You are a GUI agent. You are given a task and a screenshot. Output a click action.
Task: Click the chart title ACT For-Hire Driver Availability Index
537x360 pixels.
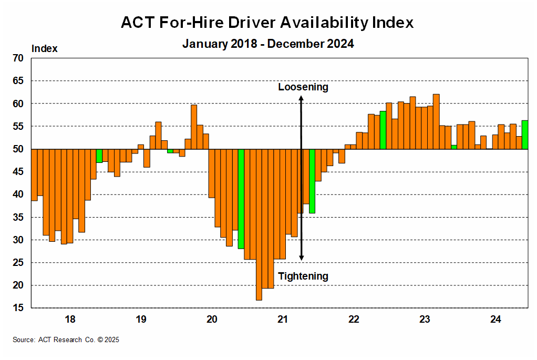click(x=267, y=23)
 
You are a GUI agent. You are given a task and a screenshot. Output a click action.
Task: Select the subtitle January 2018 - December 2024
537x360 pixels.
click(x=268, y=44)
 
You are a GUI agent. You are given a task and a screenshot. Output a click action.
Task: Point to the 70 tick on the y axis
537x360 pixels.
click(x=18, y=58)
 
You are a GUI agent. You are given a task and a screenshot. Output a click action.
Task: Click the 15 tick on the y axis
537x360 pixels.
click(x=18, y=308)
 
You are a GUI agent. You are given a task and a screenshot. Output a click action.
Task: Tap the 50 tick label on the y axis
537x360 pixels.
click(x=18, y=149)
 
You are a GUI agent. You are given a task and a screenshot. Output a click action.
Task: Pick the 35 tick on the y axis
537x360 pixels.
click(x=18, y=217)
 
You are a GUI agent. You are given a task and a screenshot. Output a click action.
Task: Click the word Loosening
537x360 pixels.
click(x=303, y=87)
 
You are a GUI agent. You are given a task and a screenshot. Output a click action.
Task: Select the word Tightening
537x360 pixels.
click(x=303, y=276)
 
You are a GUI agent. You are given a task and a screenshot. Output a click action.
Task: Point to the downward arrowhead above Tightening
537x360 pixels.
click(x=301, y=258)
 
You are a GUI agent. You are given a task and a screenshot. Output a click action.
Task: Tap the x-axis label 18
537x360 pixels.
click(x=70, y=319)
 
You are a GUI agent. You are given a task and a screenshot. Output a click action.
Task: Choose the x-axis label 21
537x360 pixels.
click(x=283, y=319)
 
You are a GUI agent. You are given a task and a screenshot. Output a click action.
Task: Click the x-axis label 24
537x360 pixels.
click(x=495, y=319)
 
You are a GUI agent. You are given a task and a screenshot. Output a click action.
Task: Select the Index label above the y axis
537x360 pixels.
click(x=45, y=49)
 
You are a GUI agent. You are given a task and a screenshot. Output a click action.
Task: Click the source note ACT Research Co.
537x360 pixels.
click(x=66, y=340)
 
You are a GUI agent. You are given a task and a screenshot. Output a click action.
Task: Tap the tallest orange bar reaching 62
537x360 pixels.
click(x=436, y=121)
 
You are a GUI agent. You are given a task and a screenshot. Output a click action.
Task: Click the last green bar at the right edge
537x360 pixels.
click(x=524, y=135)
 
